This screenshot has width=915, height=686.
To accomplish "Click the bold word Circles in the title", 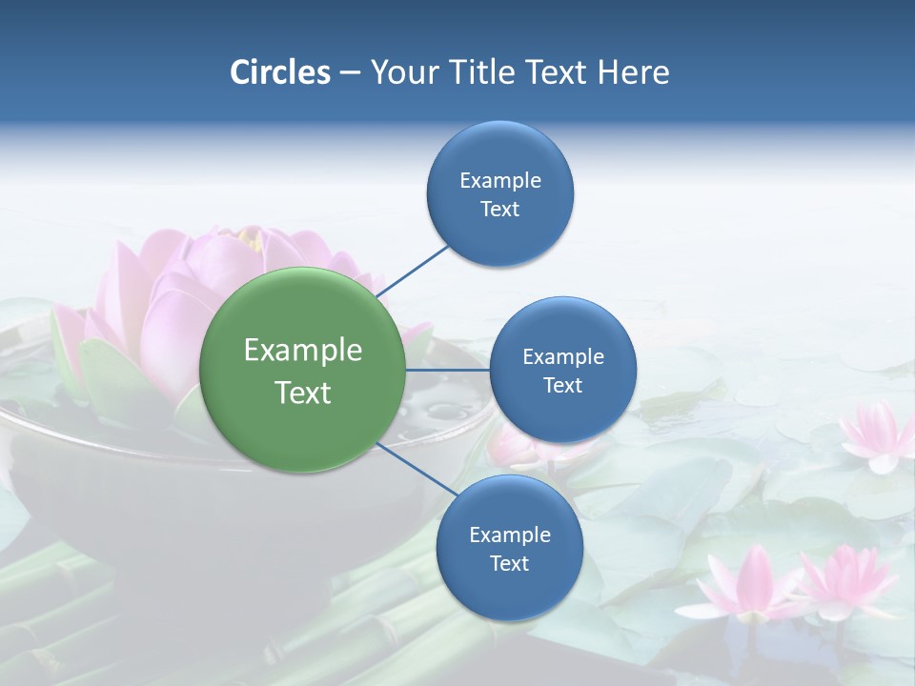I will pyautogui.click(x=279, y=72).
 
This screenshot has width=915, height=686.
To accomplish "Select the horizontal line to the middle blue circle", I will pyautogui.click(x=447, y=370).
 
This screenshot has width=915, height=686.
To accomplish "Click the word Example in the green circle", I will pyautogui.click(x=303, y=351).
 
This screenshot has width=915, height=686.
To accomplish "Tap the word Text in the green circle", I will pyautogui.click(x=303, y=393).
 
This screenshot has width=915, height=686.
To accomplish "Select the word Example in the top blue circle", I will pyautogui.click(x=499, y=180).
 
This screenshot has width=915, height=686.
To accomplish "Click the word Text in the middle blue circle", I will pyautogui.click(x=562, y=385).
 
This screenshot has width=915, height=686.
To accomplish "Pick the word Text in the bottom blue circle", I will pyautogui.click(x=509, y=563).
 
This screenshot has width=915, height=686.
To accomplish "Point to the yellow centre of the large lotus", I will pyautogui.click(x=251, y=238).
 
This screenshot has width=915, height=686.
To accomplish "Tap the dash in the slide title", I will pyautogui.click(x=350, y=72).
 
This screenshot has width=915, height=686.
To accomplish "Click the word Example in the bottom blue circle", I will pyautogui.click(x=509, y=535).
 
